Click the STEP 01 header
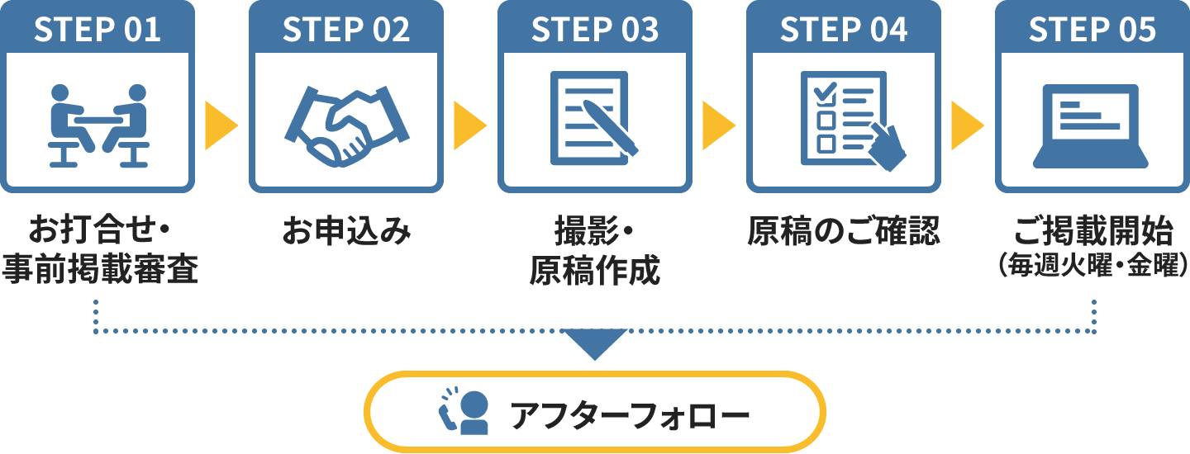pos(98,30)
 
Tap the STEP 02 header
pos(346,30)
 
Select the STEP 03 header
pos(595,30)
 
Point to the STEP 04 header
pos(844,30)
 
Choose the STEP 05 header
pos(1092,30)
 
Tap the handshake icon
pos(346,124)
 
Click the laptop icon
pos(1092,124)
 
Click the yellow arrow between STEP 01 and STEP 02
pos(219,125)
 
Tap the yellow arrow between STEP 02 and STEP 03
pos(468,125)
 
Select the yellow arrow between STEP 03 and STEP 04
pos(716,125)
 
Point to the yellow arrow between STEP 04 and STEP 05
pos(965,125)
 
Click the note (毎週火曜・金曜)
pos(1092,266)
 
